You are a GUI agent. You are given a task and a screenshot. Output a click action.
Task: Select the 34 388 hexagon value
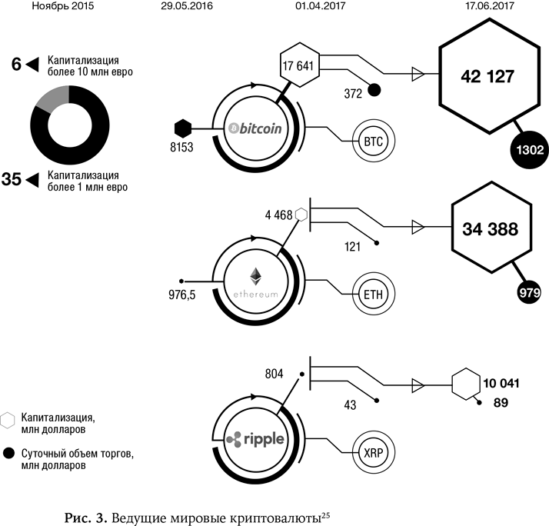pos(490,228)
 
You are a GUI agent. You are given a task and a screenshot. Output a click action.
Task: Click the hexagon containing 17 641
pos(297,66)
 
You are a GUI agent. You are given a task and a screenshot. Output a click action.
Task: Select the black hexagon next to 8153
pos(181,127)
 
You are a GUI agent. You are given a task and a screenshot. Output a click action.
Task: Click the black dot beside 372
pos(374,90)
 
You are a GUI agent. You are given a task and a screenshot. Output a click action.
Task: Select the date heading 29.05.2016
pos(187,6)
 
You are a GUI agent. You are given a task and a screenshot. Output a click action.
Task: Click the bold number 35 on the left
pos(11,180)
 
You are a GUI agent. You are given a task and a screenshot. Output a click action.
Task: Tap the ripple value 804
pos(273,374)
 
